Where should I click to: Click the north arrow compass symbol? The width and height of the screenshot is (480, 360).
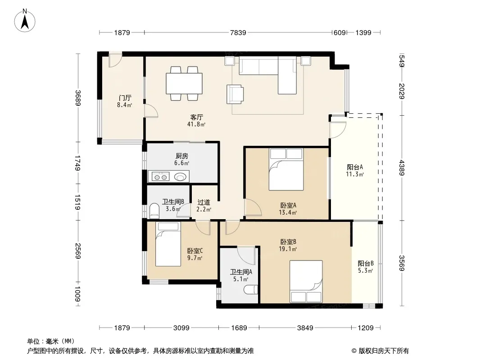pos(25,21)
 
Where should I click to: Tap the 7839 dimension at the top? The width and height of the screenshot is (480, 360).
pos(238,32)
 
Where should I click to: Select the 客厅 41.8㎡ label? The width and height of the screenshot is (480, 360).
pos(196,121)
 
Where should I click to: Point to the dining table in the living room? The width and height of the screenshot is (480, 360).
pos(184,83)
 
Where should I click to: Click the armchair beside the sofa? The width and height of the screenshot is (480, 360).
pos(235,94)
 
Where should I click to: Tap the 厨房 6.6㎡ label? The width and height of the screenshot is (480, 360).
pos(181,159)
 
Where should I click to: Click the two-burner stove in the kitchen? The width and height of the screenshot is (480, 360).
pos(161,177)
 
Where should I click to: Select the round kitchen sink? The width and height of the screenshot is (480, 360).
pos(181,177)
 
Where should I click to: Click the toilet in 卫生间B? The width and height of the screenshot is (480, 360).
pos(154,211)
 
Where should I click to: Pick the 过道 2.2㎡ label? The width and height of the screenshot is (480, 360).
pos(204,206)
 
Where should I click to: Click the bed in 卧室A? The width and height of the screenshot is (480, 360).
pos(286,170)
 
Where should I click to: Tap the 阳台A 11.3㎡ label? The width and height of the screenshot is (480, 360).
pos(355,171)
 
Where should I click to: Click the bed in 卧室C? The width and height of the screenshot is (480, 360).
pos(168,244)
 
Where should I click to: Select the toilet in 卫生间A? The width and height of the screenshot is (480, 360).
pos(251,290)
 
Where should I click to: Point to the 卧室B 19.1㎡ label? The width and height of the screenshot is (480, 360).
pos(288,245)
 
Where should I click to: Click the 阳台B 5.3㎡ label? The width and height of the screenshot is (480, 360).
pos(366,267)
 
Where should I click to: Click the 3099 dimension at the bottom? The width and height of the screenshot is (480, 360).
pos(181,328)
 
